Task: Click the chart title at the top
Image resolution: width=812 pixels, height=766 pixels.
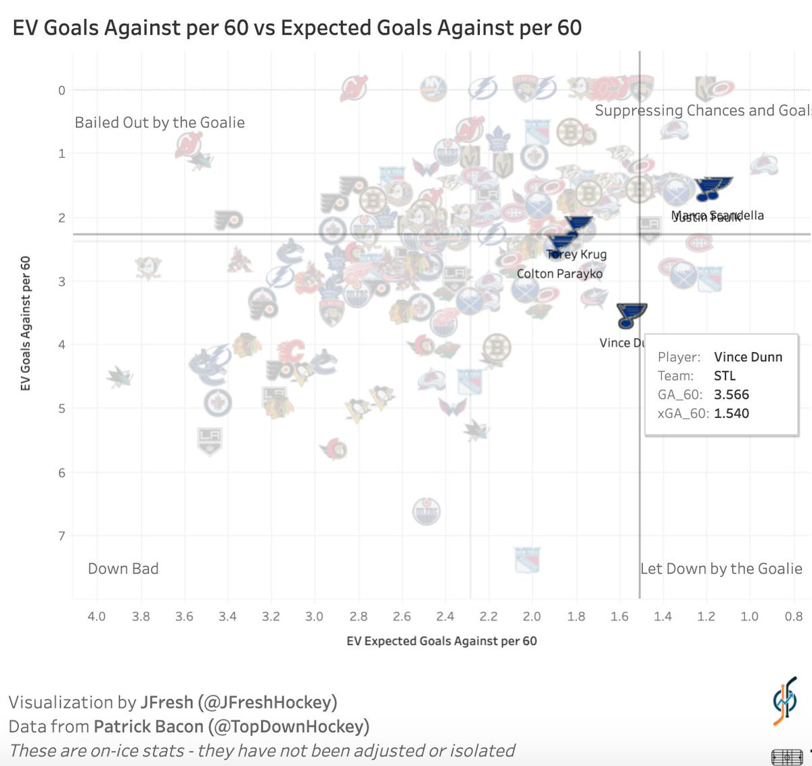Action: point(297,28)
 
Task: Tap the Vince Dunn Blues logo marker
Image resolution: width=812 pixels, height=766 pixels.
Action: point(631,315)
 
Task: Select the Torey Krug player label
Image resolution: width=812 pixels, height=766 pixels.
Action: point(577,255)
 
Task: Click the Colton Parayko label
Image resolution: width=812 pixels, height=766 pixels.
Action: point(559,274)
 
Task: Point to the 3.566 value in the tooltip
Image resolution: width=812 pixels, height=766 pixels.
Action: point(731,395)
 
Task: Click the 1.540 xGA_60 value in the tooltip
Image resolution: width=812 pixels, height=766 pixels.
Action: point(731,414)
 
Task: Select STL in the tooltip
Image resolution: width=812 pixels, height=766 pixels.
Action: point(724,376)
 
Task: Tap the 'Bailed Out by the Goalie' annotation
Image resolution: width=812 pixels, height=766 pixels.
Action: point(160,123)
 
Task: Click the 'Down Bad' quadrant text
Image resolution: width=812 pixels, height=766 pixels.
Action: point(123,569)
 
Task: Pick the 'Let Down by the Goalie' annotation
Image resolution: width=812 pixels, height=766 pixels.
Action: point(721,569)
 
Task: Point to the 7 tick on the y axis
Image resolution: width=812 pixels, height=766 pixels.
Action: point(62,536)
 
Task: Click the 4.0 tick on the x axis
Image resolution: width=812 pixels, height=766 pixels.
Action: point(97,616)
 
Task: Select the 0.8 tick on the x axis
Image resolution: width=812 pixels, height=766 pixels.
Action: point(794,616)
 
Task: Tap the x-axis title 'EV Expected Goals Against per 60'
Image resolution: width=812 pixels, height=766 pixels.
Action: point(441,641)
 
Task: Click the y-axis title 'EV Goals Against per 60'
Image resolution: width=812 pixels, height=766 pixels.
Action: point(26,323)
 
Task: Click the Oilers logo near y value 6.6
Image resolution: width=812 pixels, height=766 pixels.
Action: point(426,511)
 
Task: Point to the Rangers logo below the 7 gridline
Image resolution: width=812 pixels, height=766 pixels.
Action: point(527,559)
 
